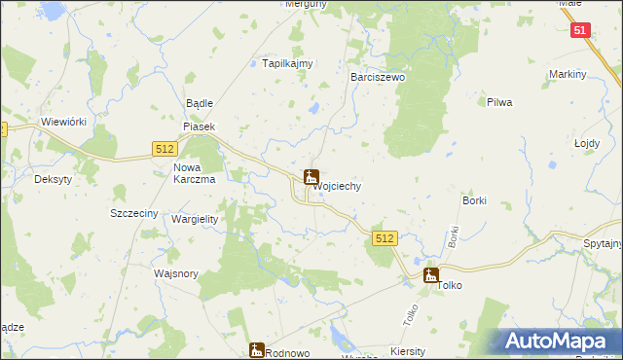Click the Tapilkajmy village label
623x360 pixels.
288,64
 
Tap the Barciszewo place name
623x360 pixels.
377,76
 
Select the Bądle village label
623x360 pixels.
199,103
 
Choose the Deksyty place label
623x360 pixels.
54,180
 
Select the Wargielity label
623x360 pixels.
195,219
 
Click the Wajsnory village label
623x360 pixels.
176,273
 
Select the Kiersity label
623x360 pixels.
407,351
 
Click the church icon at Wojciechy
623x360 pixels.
311,177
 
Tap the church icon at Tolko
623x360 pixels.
430,275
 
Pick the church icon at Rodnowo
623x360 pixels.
257,349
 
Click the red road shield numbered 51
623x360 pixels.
580,30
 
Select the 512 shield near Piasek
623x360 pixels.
164,147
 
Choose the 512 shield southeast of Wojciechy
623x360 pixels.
385,238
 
